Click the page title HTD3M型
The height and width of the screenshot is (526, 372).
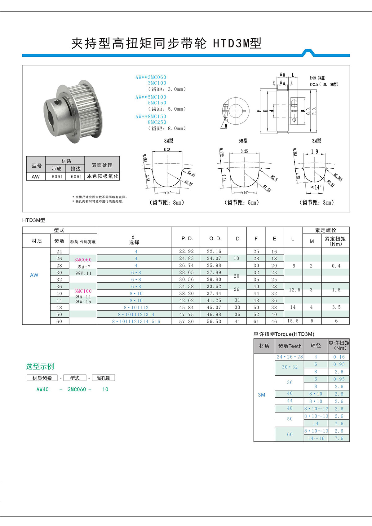pyautogui.click(x=237, y=43)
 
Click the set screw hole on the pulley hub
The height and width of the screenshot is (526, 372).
pyautogui.click(x=56, y=102)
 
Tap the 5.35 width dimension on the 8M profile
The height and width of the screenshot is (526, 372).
pyautogui.click(x=167, y=150)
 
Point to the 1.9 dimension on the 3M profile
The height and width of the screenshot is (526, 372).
pyautogui.click(x=314, y=152)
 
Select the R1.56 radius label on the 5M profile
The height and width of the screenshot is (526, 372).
pyautogui.click(x=267, y=188)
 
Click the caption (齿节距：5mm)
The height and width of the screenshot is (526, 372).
pyautogui.click(x=241, y=202)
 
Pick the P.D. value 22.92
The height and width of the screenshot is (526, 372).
pyautogui.click(x=186, y=251)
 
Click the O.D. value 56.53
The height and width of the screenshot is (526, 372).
pyautogui.click(x=214, y=321)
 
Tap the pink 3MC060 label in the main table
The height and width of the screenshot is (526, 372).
pyautogui.click(x=83, y=259)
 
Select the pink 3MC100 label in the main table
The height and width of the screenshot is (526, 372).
pyautogui.click(x=83, y=291)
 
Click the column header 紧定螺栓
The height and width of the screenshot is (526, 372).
pyautogui.click(x=325, y=230)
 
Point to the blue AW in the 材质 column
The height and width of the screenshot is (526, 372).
pyautogui.click(x=34, y=275)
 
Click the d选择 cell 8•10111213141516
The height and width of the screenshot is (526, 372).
pyautogui.click(x=136, y=321)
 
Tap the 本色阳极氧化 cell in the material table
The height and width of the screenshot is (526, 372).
pyautogui.click(x=102, y=176)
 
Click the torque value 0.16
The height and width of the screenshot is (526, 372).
pyautogui.click(x=339, y=357)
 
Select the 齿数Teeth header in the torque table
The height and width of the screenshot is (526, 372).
pyautogui.click(x=290, y=346)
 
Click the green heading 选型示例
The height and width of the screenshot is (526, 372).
pyautogui.click(x=40, y=366)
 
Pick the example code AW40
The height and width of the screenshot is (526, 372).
pyautogui.click(x=42, y=389)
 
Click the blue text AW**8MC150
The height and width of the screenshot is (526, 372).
pyautogui.click(x=151, y=117)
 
